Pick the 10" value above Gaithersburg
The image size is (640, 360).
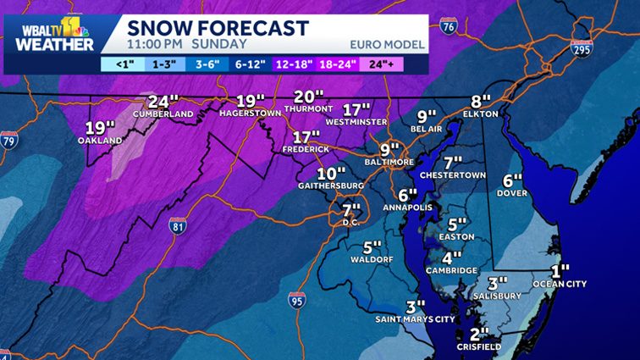(x=332, y=173)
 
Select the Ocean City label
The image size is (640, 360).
(x=559, y=284)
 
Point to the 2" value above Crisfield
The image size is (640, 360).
(x=480, y=333)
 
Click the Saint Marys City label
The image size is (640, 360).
(x=415, y=320)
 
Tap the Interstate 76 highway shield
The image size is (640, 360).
(x=450, y=29)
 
